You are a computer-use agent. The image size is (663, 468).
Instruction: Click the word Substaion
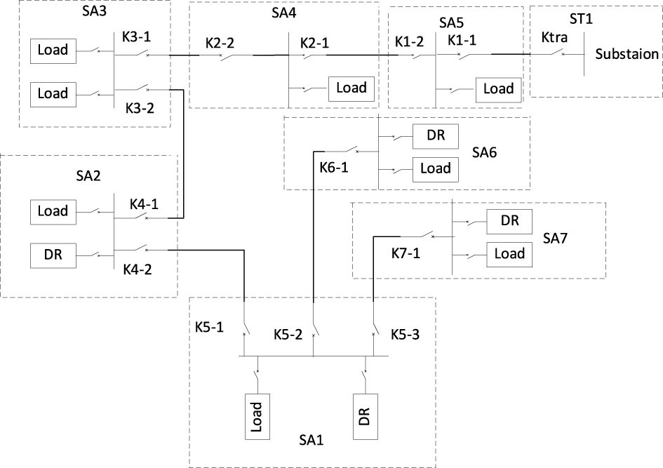627,54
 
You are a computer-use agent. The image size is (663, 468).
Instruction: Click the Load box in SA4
351,88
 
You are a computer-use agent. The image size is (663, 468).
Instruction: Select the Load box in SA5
499,89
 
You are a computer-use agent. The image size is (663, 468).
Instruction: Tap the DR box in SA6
435,135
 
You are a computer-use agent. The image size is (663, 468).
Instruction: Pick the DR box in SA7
509,220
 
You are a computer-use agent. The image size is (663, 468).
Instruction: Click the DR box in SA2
53,254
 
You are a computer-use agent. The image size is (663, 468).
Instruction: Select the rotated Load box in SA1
256,416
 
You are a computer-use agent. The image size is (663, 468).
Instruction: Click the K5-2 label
288,335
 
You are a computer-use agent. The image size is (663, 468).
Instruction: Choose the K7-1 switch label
406,252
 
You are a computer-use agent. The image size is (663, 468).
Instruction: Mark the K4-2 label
137,269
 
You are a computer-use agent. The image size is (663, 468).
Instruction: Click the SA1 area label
311,440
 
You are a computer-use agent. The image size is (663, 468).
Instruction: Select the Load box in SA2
53,210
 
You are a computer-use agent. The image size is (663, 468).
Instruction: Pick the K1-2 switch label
408,41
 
